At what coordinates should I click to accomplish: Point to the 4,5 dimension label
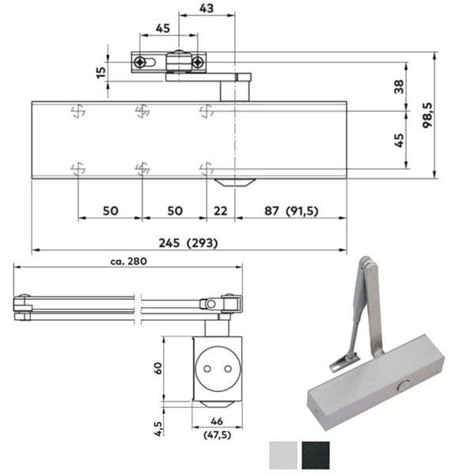[158, 428]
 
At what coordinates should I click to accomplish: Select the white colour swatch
[282, 455]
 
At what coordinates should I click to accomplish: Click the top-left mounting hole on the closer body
[77, 110]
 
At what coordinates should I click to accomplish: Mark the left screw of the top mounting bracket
[141, 62]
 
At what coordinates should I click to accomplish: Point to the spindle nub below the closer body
[235, 182]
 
